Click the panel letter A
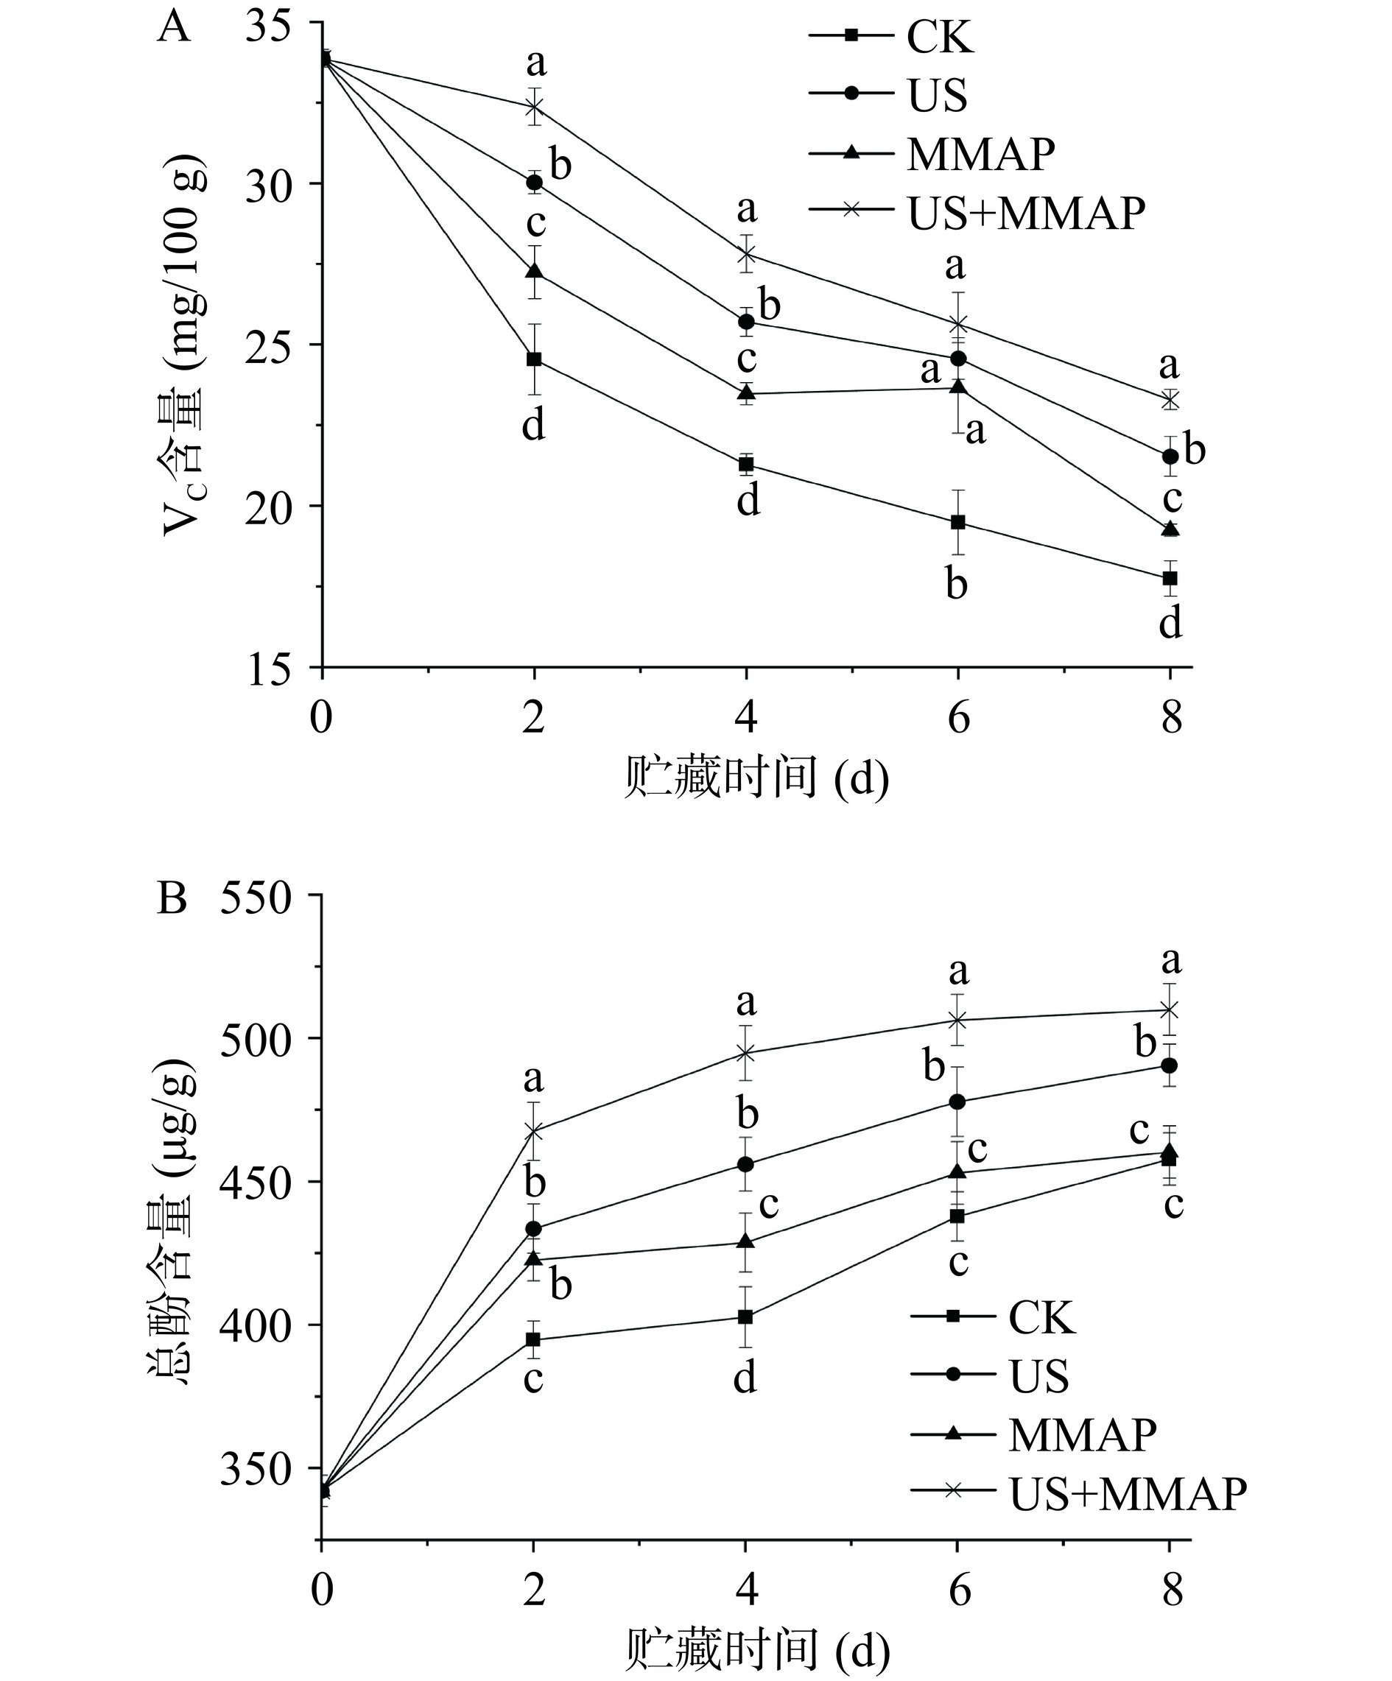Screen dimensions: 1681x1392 click(x=174, y=28)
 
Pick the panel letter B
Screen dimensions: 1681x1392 click(x=172, y=898)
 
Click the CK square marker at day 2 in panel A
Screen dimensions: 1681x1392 click(x=534, y=359)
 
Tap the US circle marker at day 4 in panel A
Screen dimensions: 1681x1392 click(x=746, y=322)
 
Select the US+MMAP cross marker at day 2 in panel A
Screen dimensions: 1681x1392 click(x=534, y=107)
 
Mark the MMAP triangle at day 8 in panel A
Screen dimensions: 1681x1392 click(x=1170, y=529)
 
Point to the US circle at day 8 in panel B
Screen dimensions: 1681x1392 click(x=1170, y=1065)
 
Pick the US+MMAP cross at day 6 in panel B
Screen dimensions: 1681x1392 click(x=957, y=1020)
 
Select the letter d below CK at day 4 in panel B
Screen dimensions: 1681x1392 click(x=745, y=1378)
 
